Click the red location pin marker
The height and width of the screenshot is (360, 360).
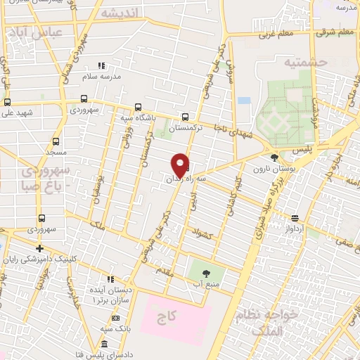[x=181, y=165]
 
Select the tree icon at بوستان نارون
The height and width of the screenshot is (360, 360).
[x=274, y=157]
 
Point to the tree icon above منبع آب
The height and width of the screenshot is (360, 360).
[x=206, y=273]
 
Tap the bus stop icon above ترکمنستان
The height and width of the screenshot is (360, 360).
[x=185, y=117]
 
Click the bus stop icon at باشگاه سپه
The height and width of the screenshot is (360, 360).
[x=139, y=108]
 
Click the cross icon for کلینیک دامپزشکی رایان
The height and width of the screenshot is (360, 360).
[x=41, y=248]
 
